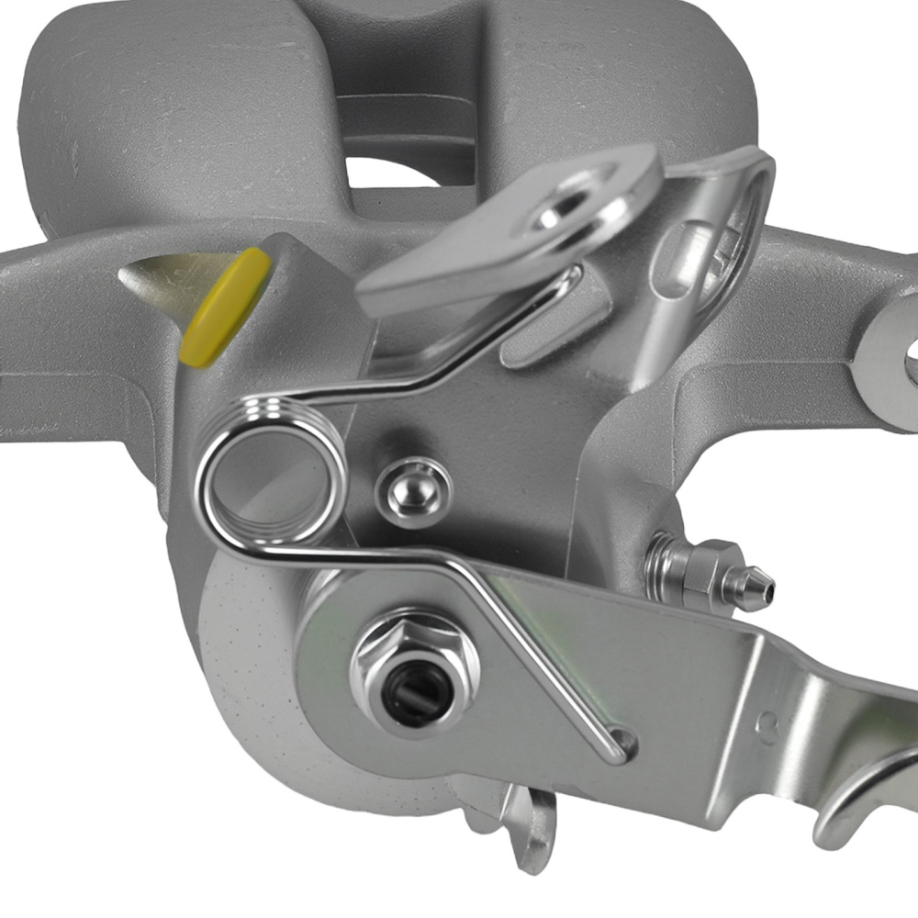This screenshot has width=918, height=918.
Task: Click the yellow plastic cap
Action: point(225,308)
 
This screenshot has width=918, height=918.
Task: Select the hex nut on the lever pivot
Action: point(415,666)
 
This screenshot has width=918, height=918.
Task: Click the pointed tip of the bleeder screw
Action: point(763,588)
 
